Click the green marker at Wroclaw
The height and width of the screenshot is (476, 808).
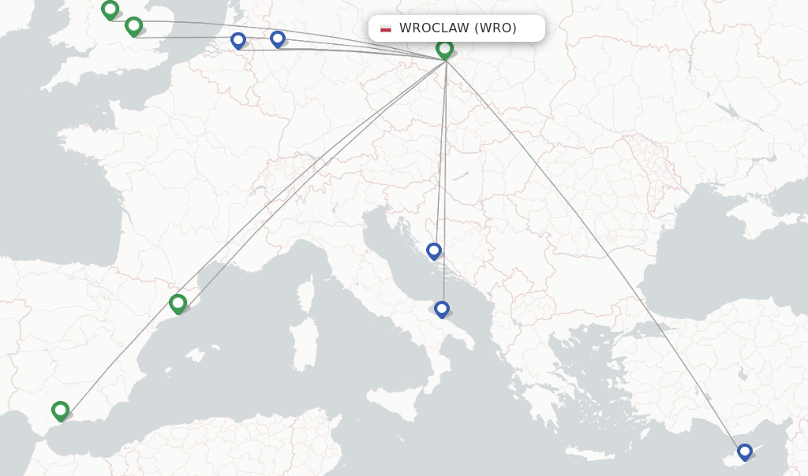(x=445, y=49)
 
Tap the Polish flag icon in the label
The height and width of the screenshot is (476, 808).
(x=386, y=28)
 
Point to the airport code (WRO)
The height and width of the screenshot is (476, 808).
(x=496, y=28)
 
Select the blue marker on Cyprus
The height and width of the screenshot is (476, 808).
(x=745, y=452)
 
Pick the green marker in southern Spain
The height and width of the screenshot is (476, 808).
(x=61, y=410)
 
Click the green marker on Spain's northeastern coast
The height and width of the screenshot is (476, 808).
(x=178, y=303)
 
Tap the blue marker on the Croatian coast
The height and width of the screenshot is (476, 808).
(x=434, y=251)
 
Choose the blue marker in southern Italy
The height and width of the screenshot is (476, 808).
(x=442, y=309)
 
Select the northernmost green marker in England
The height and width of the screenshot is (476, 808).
(x=110, y=9)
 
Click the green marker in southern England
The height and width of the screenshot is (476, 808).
(x=134, y=26)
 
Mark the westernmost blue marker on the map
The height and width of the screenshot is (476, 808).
(x=238, y=39)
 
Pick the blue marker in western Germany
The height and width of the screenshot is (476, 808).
(x=278, y=39)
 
